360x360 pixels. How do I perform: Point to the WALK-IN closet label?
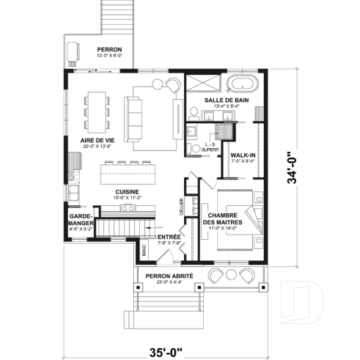[x=243, y=155]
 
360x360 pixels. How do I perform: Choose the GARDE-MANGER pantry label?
[x=80, y=221]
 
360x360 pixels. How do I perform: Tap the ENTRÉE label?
[x=169, y=238]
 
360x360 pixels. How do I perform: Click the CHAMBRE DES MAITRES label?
[x=218, y=218]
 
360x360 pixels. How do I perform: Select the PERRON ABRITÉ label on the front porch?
[x=175, y=276]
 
